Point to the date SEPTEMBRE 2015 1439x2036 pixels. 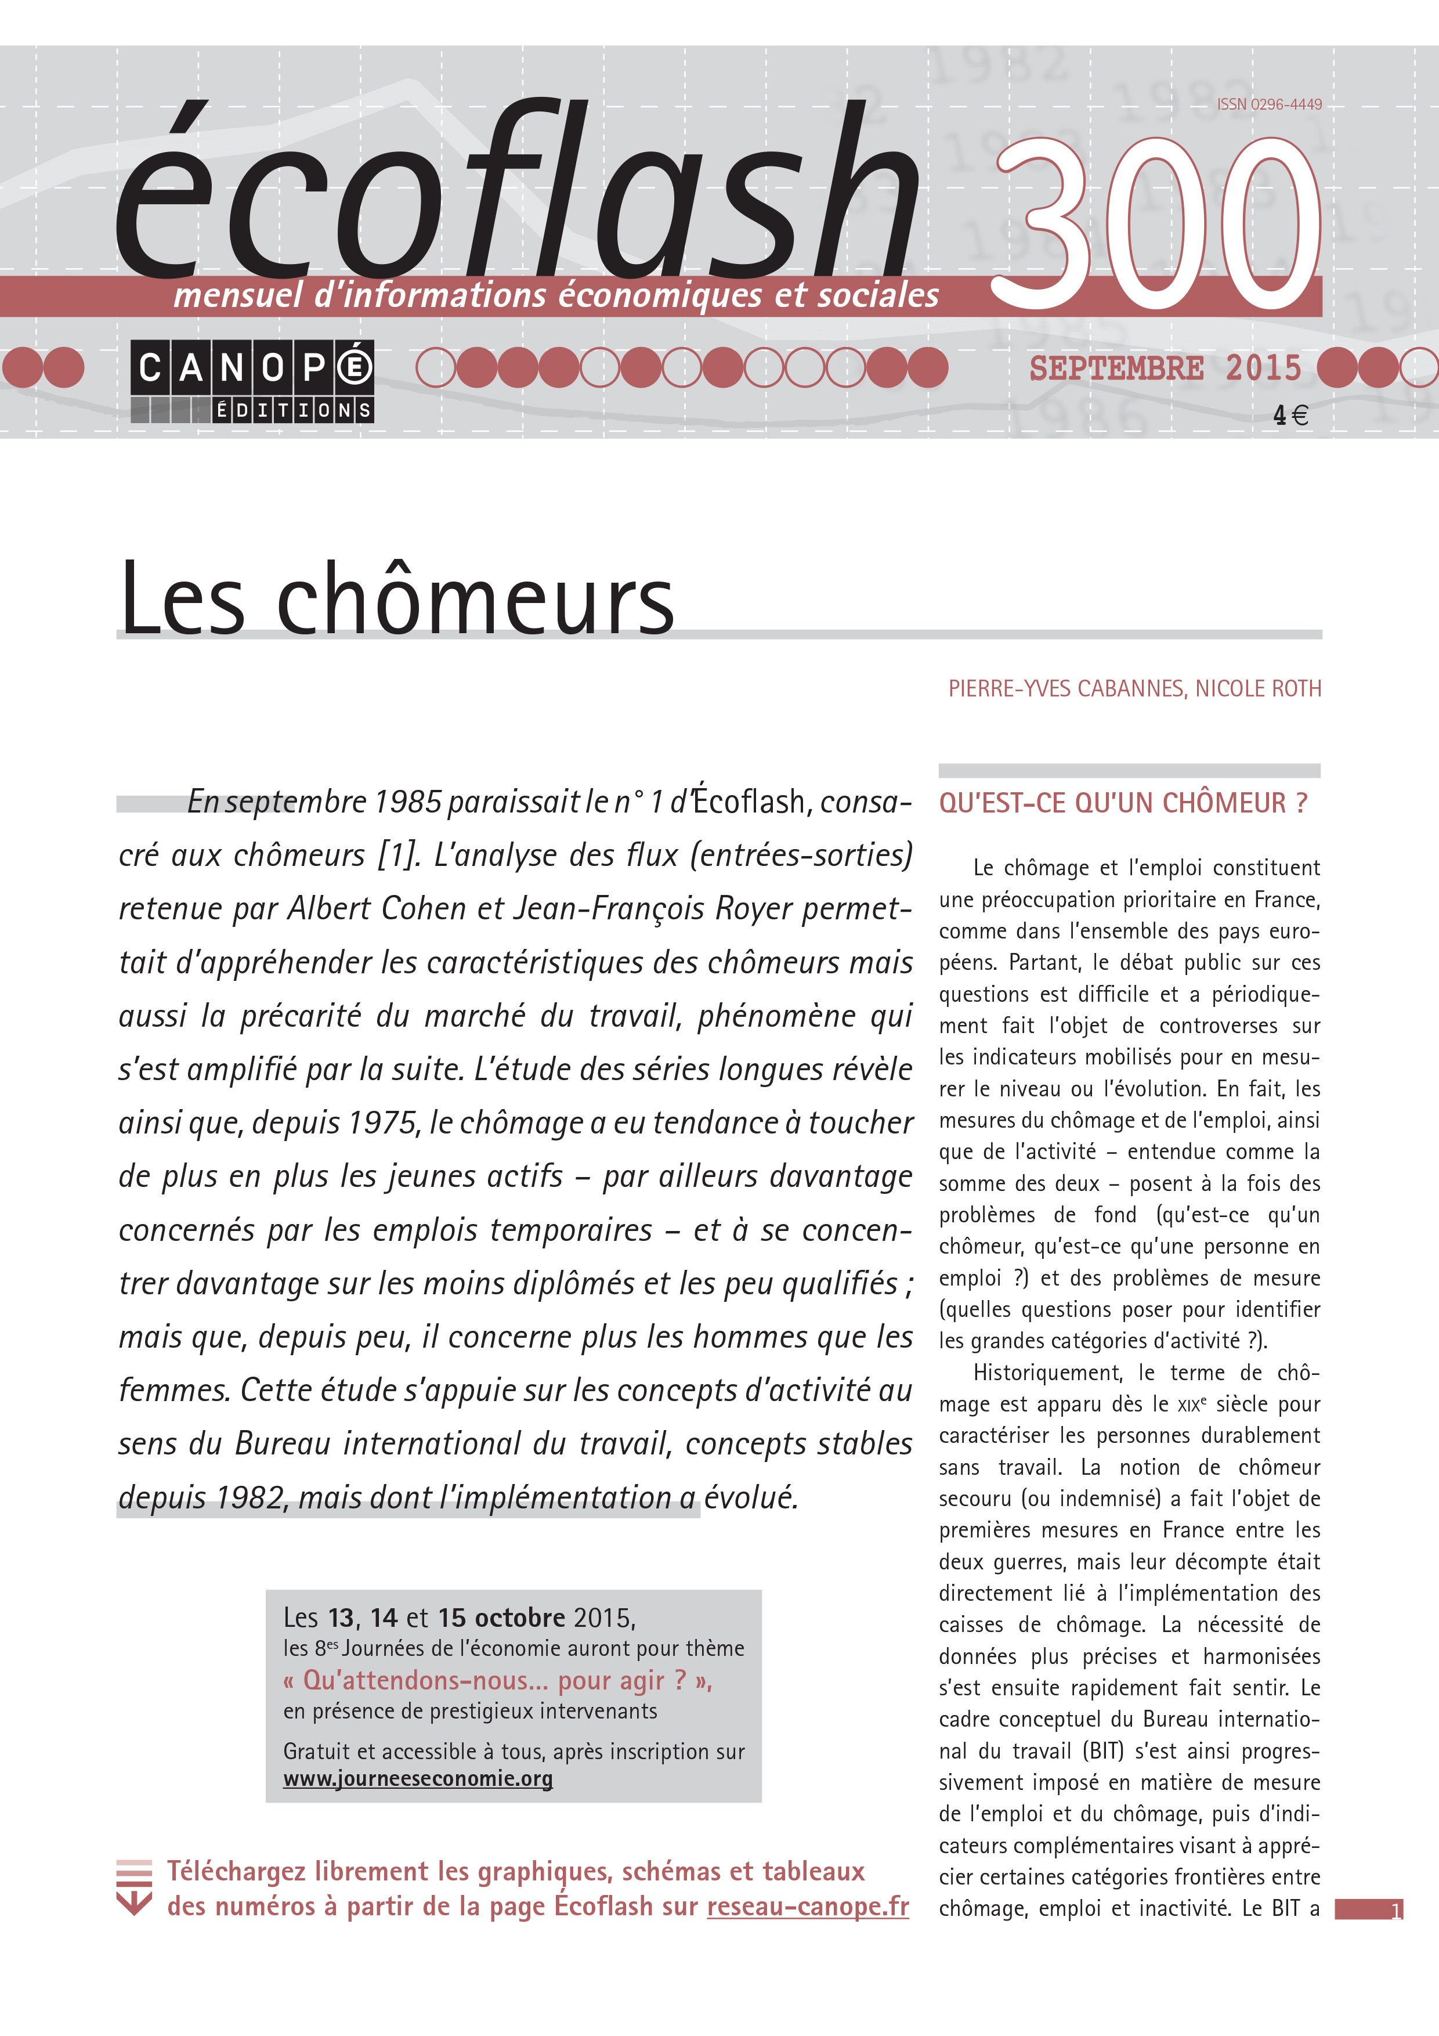(x=1164, y=368)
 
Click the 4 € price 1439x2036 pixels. (x=1290, y=415)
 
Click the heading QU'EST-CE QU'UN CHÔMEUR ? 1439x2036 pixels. (x=1122, y=803)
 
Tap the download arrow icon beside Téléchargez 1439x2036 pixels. (x=134, y=1887)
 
